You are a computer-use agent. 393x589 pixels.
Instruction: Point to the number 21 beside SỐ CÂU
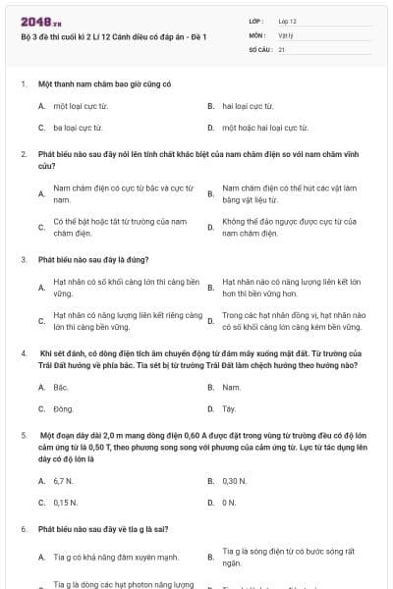coord(282,48)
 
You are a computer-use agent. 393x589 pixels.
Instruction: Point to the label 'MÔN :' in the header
coord(257,34)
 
